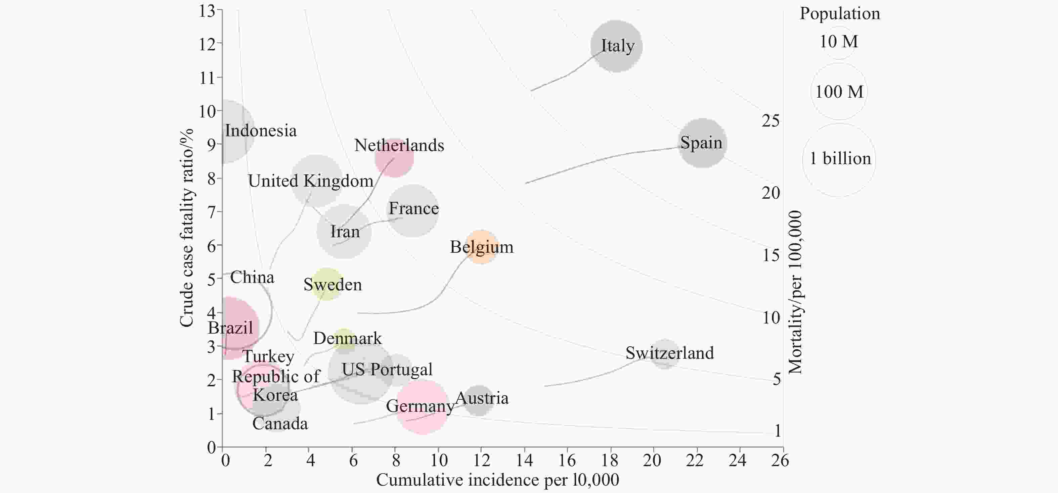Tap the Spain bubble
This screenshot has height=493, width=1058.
click(702, 143)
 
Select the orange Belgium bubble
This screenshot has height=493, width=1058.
click(481, 247)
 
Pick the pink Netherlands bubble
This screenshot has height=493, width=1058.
click(394, 158)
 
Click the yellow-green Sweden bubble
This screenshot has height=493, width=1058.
click(326, 284)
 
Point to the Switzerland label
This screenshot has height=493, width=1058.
click(669, 353)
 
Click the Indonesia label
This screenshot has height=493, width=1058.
click(261, 131)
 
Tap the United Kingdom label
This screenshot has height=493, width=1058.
click(310, 181)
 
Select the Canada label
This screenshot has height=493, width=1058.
click(280, 424)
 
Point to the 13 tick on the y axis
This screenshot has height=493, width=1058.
click(208, 11)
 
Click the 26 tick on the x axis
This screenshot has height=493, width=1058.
click(780, 460)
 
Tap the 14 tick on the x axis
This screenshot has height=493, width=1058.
click(524, 460)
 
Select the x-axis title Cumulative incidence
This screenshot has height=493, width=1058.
click(497, 480)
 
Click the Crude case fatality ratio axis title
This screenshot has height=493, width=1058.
click(186, 228)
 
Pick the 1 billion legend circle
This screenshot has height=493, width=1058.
click(839, 160)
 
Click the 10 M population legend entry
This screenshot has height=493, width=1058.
click(839, 42)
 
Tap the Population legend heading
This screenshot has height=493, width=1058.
click(839, 13)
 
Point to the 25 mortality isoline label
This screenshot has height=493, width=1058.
click(770, 121)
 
